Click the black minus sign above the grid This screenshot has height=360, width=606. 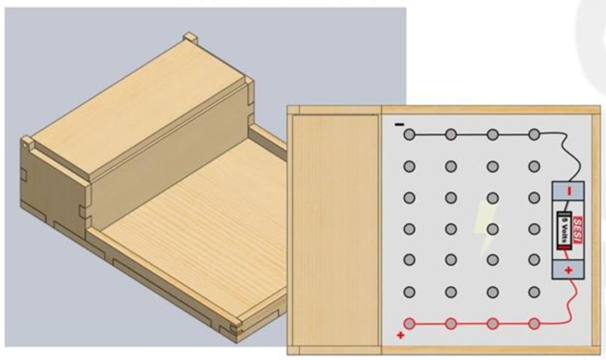click(400, 124)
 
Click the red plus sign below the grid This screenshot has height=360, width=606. click(400, 335)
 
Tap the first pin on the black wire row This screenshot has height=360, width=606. click(410, 134)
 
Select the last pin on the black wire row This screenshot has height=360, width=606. click(534, 134)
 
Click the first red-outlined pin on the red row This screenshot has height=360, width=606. click(410, 323)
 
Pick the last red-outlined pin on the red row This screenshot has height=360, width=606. click(534, 323)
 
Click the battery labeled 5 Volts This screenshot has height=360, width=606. click(564, 230)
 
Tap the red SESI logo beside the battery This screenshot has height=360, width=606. click(577, 230)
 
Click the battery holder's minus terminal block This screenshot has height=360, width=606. click(568, 191)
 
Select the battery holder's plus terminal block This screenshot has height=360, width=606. click(568, 270)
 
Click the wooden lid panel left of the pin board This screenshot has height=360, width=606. click(336, 230)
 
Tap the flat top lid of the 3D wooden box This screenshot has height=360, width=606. click(139, 108)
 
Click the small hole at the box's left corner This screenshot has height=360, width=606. click(26, 146)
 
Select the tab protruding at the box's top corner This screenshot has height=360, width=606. click(190, 37)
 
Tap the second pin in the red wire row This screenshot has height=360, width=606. click(451, 323)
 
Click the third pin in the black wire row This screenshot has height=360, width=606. click(492, 134)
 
